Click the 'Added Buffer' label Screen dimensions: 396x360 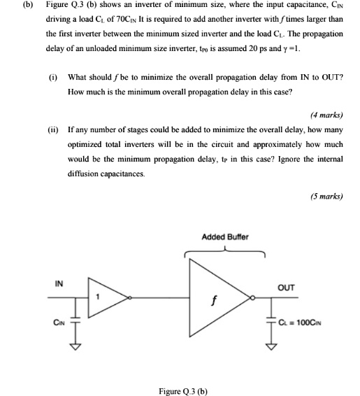(224, 237)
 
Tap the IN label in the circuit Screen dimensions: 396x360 (59, 283)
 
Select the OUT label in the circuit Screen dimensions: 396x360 (286, 287)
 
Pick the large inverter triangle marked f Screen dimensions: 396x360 (217, 298)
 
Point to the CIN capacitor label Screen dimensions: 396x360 (58, 323)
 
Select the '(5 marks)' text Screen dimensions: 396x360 (326, 196)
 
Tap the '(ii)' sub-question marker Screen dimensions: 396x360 (52, 130)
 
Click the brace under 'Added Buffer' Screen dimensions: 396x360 (224, 253)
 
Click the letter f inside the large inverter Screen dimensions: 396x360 (215, 304)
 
